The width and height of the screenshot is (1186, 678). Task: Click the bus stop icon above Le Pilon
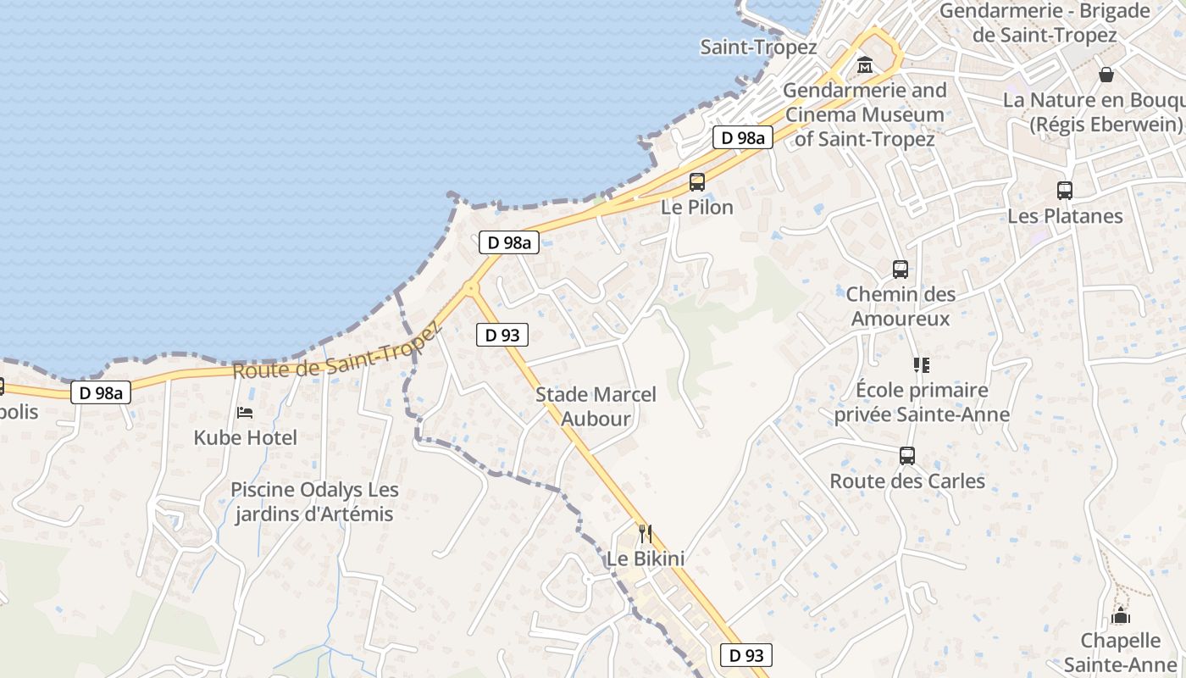coord(696,181)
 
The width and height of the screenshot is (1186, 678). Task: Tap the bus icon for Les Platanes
coord(1065,191)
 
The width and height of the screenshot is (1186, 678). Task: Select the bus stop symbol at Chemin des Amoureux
coord(901,270)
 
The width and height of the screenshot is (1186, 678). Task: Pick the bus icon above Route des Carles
coord(907,456)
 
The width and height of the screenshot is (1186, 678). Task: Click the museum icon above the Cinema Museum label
coord(865,64)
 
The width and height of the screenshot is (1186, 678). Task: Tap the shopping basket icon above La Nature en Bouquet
coord(1106,75)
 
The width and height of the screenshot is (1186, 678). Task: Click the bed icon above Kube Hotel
coord(245,413)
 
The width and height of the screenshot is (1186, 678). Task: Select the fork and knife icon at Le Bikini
coord(646,533)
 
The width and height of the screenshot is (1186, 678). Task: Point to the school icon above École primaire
coord(922,365)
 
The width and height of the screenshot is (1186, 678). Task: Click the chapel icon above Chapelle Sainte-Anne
coord(1121,615)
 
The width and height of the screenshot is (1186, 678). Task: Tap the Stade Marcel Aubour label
coord(596,407)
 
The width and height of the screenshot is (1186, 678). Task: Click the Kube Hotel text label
coord(246,438)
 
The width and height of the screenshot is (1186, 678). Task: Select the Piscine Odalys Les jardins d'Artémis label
coord(314,502)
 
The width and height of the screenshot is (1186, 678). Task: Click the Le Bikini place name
coord(646,559)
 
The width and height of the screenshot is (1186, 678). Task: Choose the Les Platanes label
coord(1065,216)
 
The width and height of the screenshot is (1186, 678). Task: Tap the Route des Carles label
coord(907,481)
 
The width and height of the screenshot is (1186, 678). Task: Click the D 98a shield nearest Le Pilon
coord(742,137)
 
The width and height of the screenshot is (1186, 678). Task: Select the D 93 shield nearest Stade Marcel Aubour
coord(502,335)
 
